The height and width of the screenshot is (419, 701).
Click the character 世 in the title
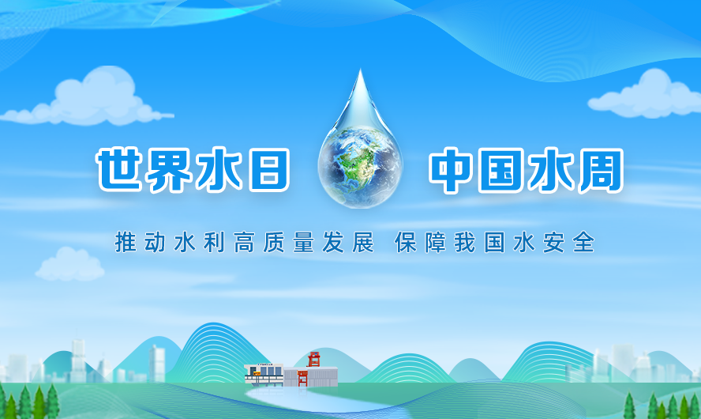click(119, 170)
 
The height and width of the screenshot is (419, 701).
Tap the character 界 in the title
click(169, 170)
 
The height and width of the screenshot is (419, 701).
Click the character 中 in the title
click(451, 171)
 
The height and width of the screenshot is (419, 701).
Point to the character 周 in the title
click(601, 171)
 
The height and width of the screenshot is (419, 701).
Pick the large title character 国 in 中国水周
click(500, 171)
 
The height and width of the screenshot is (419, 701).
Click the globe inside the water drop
click(360, 168)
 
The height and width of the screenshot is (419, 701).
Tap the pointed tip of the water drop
click(360, 70)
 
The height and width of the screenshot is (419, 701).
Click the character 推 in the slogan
click(126, 242)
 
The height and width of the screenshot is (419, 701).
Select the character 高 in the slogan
click(244, 242)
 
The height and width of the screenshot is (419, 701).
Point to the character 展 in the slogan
click(362, 242)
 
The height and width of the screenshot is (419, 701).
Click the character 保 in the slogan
click(406, 242)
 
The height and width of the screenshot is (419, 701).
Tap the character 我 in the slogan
click(465, 242)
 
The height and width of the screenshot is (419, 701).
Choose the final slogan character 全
click(583, 242)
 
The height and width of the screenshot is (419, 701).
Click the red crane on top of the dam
click(314, 360)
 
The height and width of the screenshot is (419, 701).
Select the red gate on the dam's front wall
click(302, 378)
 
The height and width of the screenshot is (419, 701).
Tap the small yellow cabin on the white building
click(257, 372)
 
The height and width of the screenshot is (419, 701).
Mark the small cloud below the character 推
click(69, 265)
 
